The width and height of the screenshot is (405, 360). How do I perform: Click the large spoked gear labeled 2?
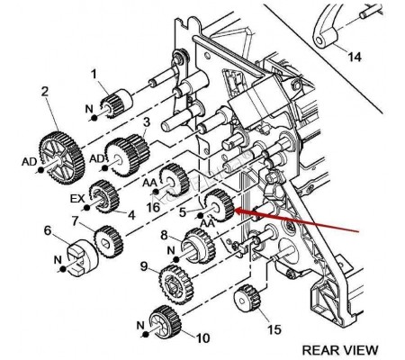tap(62, 157)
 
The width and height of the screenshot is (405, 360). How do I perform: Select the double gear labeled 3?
tap(127, 155)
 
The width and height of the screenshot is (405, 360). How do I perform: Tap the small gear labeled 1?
tap(120, 103)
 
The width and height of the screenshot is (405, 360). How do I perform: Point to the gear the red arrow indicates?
tap(220, 205)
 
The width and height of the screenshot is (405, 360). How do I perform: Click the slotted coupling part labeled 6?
tap(82, 256)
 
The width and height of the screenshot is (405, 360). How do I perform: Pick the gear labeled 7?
tap(109, 242)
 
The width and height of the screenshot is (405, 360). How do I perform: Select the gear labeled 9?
tap(175, 283)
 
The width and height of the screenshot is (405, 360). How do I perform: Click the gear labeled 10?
tap(166, 321)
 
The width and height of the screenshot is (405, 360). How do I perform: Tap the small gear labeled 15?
tap(247, 300)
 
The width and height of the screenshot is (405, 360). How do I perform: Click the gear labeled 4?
tap(104, 196)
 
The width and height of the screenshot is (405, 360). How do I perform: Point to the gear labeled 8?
tap(199, 246)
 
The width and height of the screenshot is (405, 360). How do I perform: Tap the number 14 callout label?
tap(354, 57)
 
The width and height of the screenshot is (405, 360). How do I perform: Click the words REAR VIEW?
tap(340, 350)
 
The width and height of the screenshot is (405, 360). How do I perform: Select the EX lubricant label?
tap(77, 199)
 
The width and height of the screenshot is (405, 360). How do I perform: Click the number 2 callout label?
tap(44, 92)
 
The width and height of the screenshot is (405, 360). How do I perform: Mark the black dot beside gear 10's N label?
tap(146, 335)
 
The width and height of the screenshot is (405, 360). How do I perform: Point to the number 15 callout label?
tap(274, 329)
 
